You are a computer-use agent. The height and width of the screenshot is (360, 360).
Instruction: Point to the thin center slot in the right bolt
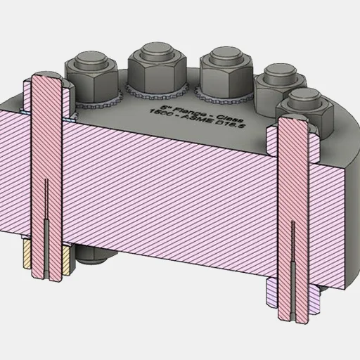point(293,267)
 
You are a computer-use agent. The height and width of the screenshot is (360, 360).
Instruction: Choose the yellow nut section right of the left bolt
point(67,259)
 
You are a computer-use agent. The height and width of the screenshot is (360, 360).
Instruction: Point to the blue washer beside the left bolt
point(25,111)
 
